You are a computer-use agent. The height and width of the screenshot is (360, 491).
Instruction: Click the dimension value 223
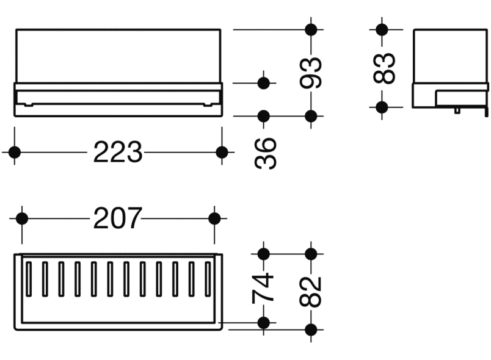(117, 152)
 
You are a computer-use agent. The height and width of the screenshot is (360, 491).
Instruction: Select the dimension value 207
(117, 218)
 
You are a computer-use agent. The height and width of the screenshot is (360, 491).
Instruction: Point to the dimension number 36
(264, 153)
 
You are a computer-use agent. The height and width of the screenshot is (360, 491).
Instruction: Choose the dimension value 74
(264, 287)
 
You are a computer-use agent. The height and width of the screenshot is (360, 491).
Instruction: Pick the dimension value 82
(311, 292)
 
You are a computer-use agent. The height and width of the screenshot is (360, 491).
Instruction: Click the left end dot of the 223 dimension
(15, 152)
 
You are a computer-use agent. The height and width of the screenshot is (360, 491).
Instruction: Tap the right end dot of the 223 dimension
(222, 152)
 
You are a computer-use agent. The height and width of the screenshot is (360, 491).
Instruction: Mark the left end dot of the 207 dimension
(22, 218)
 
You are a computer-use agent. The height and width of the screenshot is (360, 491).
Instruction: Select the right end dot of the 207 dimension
(215, 218)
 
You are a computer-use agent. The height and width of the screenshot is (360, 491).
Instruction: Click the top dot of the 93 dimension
(311, 29)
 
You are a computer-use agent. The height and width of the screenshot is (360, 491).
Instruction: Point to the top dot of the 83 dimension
(382, 29)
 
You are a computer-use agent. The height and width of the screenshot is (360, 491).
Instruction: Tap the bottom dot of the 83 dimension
(382, 107)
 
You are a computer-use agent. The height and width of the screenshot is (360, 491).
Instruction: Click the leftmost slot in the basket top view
(29, 279)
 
